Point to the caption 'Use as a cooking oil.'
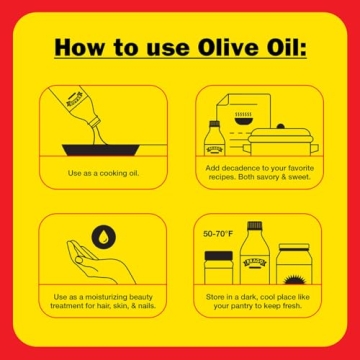click(103, 174)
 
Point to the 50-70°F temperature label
click(218, 233)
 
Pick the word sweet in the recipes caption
click(297, 179)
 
